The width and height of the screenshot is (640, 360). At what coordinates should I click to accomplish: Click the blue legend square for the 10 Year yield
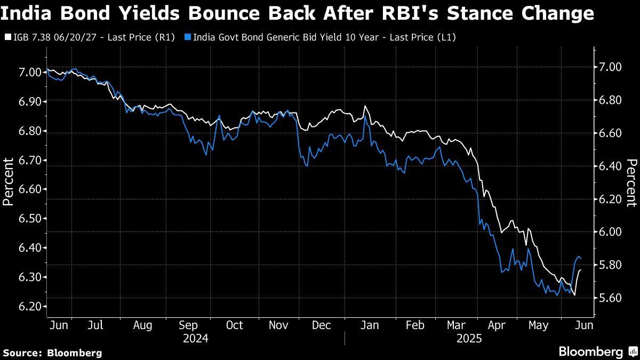coord(187,37)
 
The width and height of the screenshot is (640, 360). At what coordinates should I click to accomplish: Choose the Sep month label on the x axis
coord(188,325)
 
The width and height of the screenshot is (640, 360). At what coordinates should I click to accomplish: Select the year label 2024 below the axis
coord(195,339)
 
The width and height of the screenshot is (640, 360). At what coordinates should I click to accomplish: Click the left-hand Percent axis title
coord(8,182)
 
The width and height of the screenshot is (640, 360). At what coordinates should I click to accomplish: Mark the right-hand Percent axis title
coord(631,182)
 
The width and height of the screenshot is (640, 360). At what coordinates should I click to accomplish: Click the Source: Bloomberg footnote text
coord(52,353)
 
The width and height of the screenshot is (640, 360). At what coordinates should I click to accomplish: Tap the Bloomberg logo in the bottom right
coord(597,351)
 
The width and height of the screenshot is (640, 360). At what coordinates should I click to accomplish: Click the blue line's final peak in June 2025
coord(578,257)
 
